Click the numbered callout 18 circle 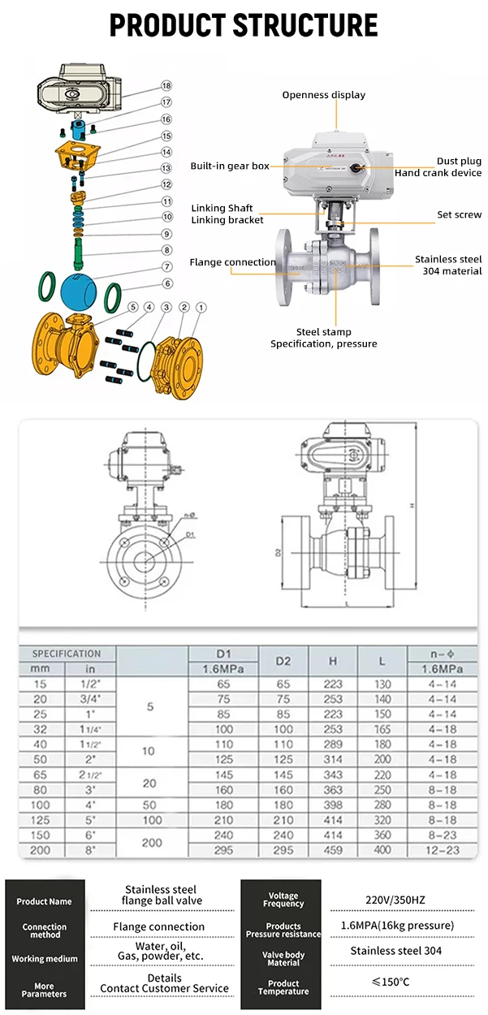[166, 86]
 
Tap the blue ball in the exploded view [82, 288]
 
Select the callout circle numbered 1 [202, 308]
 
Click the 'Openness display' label [323, 95]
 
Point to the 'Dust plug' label [459, 162]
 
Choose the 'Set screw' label [459, 215]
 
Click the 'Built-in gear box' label [230, 166]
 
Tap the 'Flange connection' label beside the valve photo [232, 262]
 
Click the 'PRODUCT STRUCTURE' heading [244, 25]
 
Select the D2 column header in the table [283, 661]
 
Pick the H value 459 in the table [333, 850]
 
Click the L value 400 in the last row [382, 850]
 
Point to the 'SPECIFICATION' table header [67, 654]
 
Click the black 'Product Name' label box [44, 901]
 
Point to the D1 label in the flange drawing [192, 535]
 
